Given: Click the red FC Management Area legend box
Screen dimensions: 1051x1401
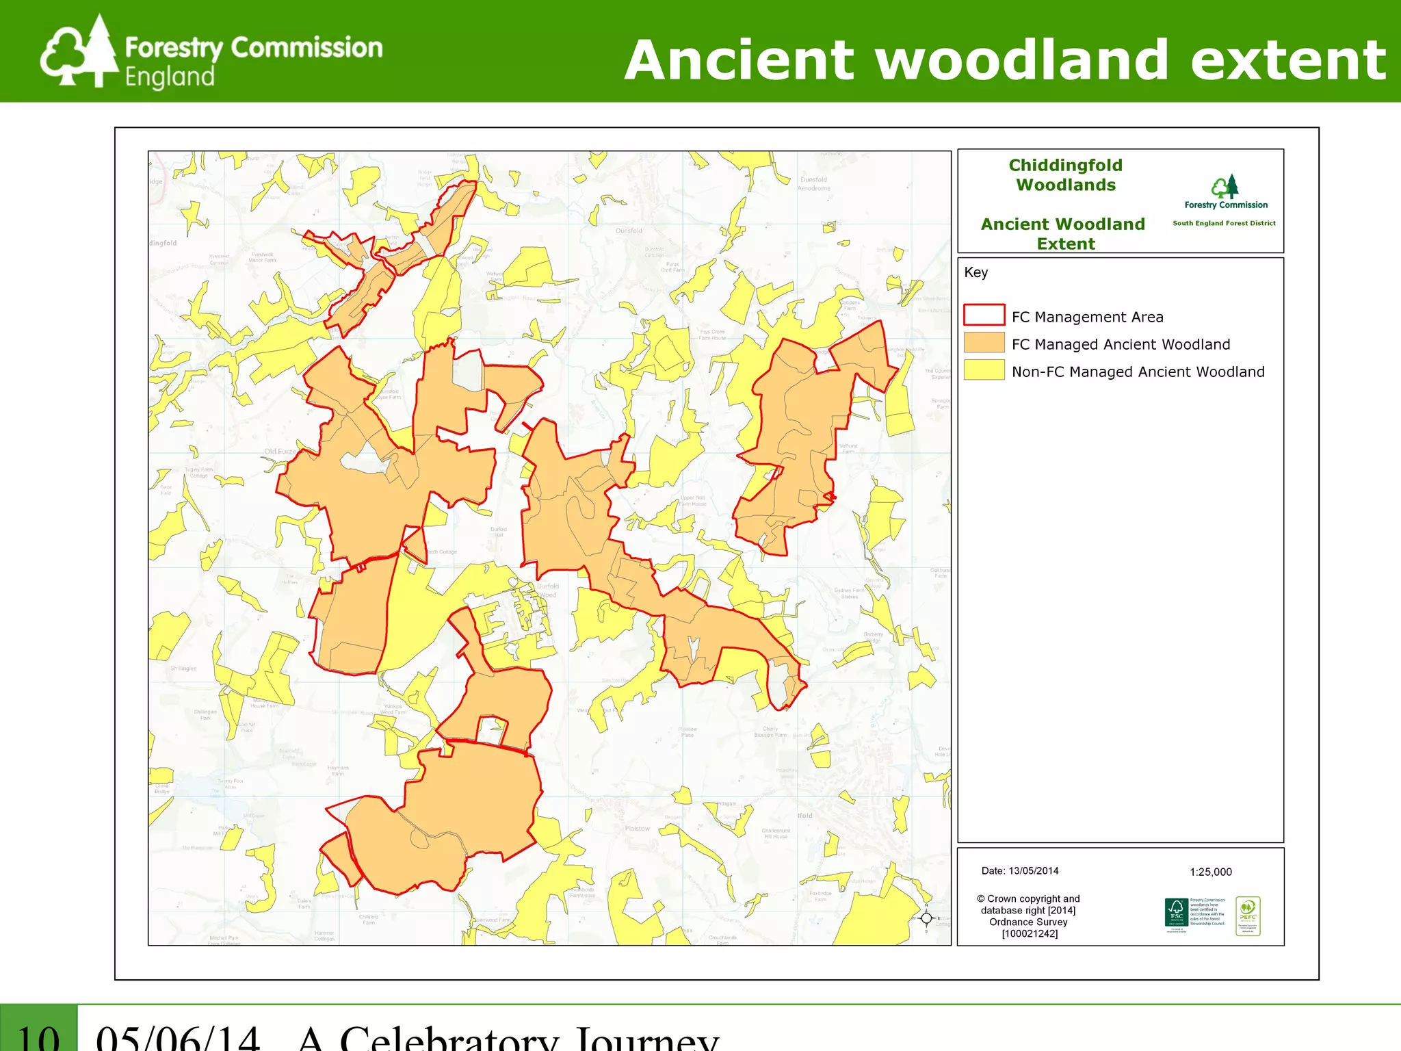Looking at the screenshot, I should tap(984, 315).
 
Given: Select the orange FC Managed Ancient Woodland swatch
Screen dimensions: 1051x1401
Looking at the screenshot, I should tap(984, 343).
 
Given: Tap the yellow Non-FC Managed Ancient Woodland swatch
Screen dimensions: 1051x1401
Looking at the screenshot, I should tap(984, 370).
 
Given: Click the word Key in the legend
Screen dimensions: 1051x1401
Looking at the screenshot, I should tap(976, 272).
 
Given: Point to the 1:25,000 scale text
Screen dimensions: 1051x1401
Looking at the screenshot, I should tap(1210, 872).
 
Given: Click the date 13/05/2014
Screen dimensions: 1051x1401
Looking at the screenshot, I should tap(1033, 871).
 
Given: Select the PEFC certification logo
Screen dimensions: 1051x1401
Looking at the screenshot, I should tap(1248, 916).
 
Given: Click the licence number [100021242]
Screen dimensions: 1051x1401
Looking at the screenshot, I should tap(1030, 933).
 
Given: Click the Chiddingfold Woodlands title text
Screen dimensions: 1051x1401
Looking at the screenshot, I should tap(1065, 175).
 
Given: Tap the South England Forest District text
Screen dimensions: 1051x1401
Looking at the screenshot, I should tap(1224, 223).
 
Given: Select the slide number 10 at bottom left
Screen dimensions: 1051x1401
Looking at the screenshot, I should tap(38, 1037).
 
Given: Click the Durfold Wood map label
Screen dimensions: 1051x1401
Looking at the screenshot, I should tap(547, 591).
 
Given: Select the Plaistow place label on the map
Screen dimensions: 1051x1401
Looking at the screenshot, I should tap(637, 829).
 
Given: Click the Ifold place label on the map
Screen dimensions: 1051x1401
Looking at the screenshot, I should tap(804, 816).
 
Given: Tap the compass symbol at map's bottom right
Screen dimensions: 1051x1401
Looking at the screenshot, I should tap(926, 918).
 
